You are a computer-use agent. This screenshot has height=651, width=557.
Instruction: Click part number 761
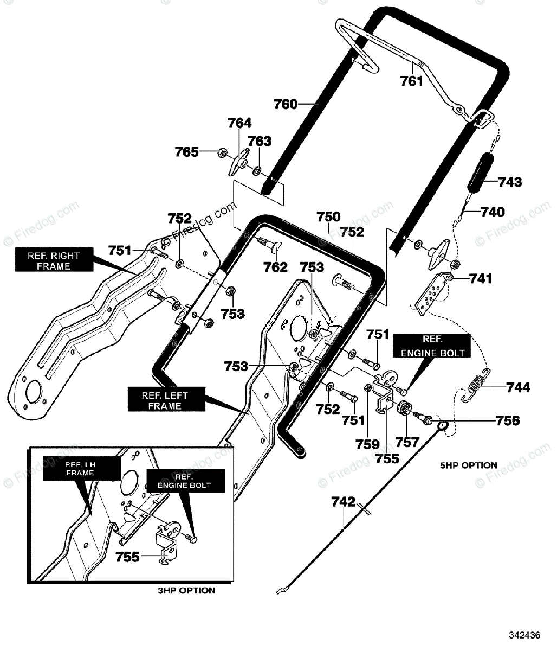411,81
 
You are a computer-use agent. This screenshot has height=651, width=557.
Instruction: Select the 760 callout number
285,104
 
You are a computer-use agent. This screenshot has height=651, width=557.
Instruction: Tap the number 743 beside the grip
510,182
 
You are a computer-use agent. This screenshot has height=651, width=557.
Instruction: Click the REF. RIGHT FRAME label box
54,261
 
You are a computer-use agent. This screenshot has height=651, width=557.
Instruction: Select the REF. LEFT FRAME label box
166,400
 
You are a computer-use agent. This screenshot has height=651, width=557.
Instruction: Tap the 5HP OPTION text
469,465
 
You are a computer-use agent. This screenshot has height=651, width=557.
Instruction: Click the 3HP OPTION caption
186,591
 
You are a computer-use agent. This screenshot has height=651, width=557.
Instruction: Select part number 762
275,267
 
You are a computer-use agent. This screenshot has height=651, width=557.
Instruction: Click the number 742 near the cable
344,502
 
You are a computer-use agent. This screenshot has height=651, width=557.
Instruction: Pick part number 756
508,420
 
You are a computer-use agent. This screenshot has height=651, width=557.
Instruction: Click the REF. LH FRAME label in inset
81,469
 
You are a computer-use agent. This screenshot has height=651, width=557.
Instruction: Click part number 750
328,217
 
